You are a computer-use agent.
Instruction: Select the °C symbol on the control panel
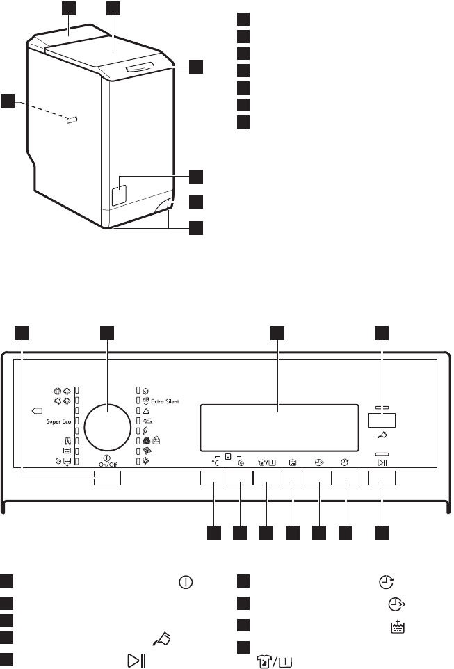(x=216, y=462)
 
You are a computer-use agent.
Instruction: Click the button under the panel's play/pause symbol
(x=382, y=478)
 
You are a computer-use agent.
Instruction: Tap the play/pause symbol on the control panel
(x=382, y=462)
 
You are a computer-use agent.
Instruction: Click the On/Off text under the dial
(x=107, y=465)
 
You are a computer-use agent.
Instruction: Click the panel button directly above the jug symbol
(x=382, y=420)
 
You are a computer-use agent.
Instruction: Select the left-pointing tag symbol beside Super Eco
(x=38, y=411)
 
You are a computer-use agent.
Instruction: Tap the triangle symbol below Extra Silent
(x=146, y=412)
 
